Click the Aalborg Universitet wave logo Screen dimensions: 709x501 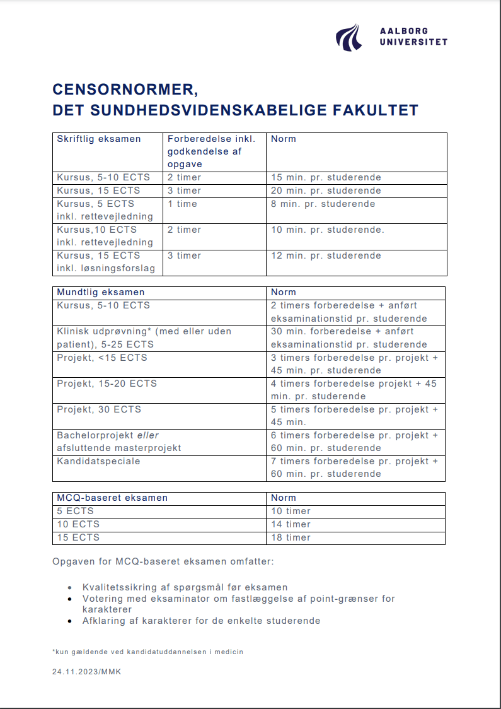(x=348, y=37)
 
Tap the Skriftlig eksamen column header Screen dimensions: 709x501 (x=99, y=139)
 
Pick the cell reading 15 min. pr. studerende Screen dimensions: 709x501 (x=326, y=178)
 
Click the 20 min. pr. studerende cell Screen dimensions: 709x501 (x=326, y=190)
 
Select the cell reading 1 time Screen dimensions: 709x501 (x=182, y=204)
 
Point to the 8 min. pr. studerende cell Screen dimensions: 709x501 (x=323, y=204)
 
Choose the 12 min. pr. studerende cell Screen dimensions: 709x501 (x=326, y=255)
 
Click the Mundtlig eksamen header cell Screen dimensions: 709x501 (x=101, y=293)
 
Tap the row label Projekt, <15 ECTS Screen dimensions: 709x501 (x=102, y=358)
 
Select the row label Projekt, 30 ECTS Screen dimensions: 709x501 (x=99, y=409)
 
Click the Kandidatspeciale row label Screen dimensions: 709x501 (x=98, y=461)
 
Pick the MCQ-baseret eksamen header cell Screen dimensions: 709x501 (x=112, y=498)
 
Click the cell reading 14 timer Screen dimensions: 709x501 (x=291, y=524)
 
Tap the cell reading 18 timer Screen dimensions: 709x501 (x=291, y=537)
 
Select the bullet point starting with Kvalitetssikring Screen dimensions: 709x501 (x=185, y=587)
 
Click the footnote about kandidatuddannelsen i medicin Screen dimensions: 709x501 (x=147, y=652)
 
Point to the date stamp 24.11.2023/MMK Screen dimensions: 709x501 (x=86, y=672)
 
